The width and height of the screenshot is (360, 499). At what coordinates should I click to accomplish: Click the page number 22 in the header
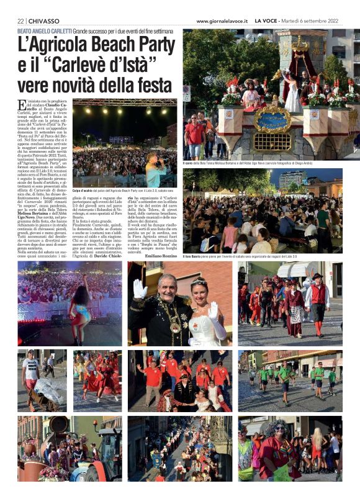[x=20, y=20]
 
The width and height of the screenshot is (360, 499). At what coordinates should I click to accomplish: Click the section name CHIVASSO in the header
[x=42, y=20]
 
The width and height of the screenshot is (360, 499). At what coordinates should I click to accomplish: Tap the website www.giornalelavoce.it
[x=222, y=20]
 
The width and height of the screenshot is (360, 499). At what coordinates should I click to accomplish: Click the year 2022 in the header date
[x=335, y=20]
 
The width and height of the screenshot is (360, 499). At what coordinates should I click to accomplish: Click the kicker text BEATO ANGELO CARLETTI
[x=44, y=30]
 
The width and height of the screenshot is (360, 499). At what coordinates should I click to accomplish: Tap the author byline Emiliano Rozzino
[x=161, y=247]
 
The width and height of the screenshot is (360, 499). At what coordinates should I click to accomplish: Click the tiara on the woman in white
[x=198, y=281]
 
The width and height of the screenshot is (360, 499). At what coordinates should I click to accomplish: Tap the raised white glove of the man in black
[x=140, y=289]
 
